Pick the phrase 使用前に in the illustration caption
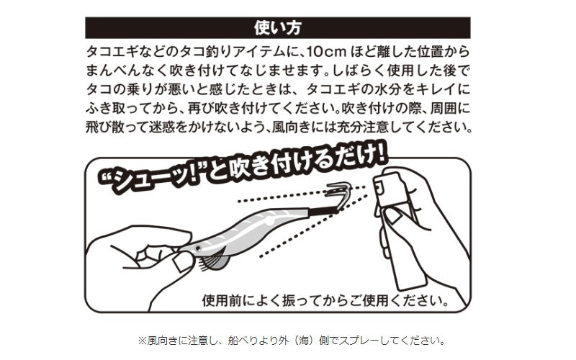point(228,297)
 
